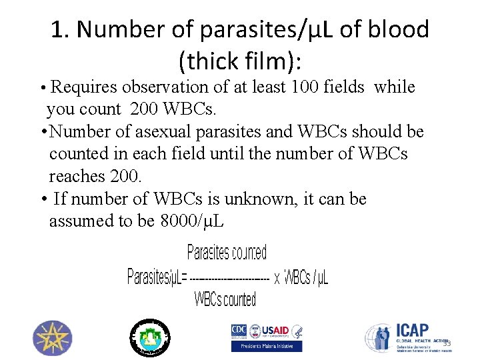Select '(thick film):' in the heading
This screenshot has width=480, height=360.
[x=240, y=62]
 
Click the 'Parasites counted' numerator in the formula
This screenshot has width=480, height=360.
[x=227, y=253]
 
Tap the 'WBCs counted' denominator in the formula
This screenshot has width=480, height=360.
[x=225, y=299]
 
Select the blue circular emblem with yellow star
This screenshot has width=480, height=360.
[x=52, y=337]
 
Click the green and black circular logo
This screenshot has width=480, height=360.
[x=149, y=337]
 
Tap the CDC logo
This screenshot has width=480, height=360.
[x=239, y=330]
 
